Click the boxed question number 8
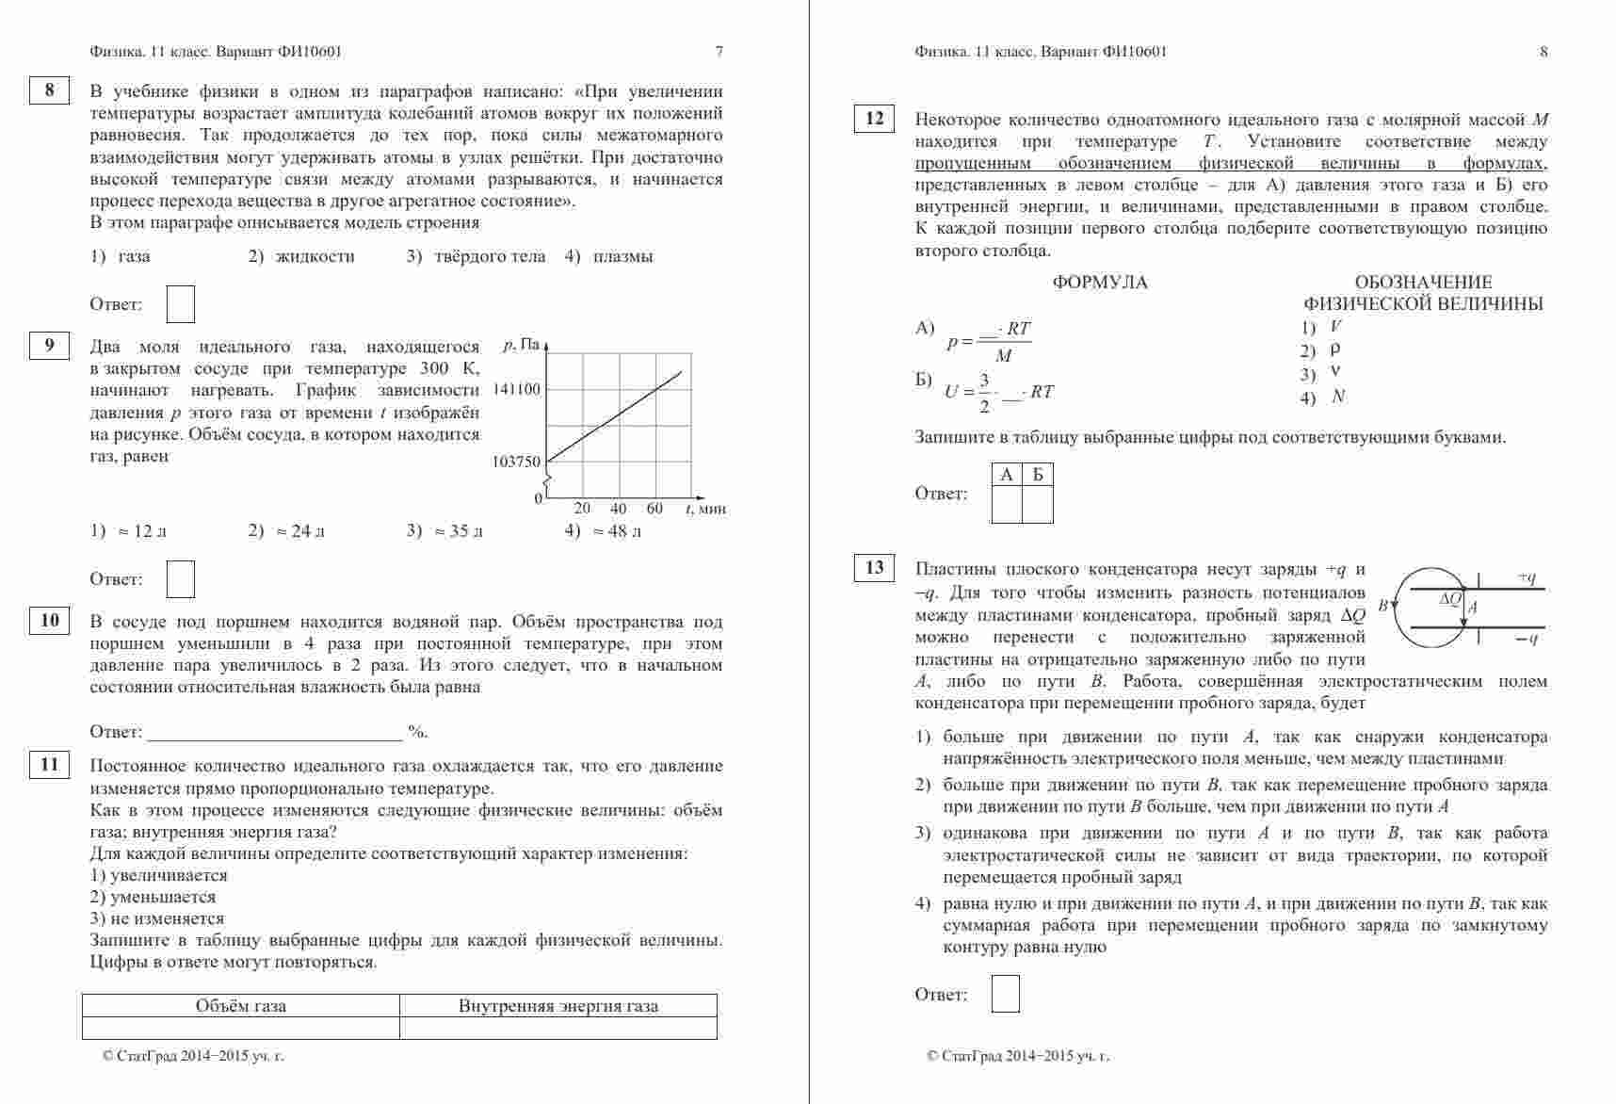[x=49, y=90]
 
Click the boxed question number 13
[x=874, y=568]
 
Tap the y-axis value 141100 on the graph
[x=517, y=389]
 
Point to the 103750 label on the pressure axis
[x=517, y=462]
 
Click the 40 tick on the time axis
[x=619, y=509]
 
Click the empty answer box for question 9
[x=180, y=578]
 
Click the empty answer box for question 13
[x=1005, y=994]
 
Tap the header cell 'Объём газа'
[x=241, y=1006]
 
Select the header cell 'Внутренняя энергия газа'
[x=558, y=1006]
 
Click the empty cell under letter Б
[x=1038, y=505]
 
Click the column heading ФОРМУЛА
[x=1100, y=283]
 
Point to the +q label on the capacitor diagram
[x=1527, y=577]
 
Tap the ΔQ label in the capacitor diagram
[x=1450, y=599]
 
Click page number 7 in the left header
[x=719, y=52]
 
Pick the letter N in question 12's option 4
[x=1338, y=398]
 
